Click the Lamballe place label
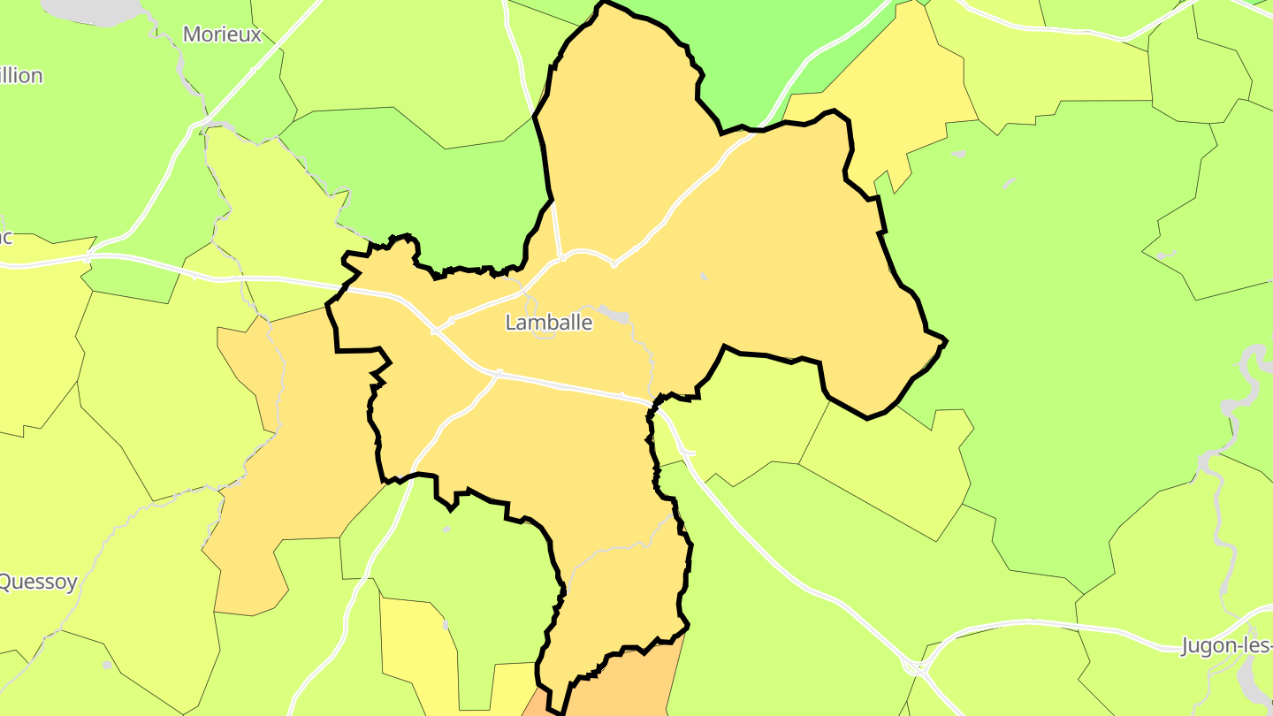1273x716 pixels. (x=548, y=323)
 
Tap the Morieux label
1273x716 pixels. (x=222, y=34)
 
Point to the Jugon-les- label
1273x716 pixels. (x=1227, y=645)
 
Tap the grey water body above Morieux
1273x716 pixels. (x=93, y=8)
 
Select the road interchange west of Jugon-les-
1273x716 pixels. (x=917, y=666)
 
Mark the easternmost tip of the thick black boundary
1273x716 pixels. (x=946, y=340)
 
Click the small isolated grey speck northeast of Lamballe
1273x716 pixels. (x=704, y=277)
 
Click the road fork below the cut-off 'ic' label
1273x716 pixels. (x=88, y=257)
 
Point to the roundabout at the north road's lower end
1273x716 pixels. (x=562, y=258)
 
